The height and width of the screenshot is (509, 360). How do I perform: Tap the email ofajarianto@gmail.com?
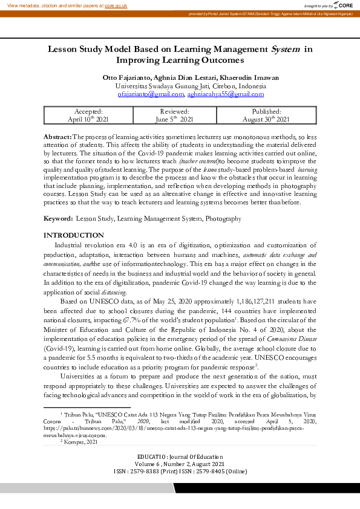tap(150, 94)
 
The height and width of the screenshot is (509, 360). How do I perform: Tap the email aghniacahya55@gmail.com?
tap(217, 94)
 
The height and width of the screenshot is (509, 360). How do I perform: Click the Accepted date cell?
tap(88, 115)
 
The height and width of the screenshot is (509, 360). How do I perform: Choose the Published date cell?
tap(266, 115)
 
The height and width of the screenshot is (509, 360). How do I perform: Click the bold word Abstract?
tap(57, 137)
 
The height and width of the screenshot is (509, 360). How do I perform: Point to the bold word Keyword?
tap(58, 218)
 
